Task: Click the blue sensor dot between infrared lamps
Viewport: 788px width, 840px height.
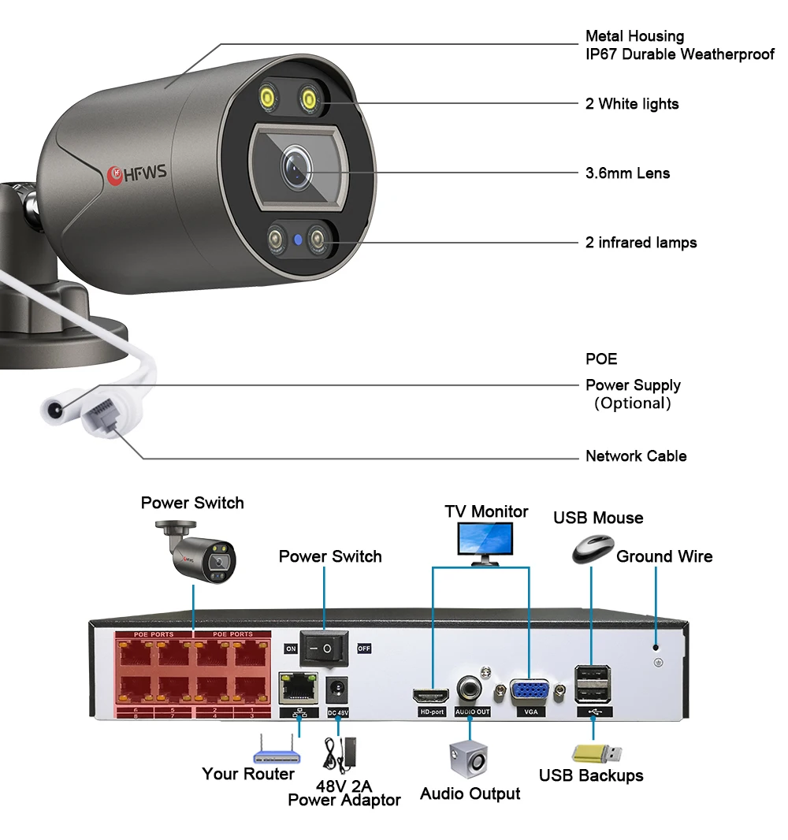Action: click(x=298, y=239)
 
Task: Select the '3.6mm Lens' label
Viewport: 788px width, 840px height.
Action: click(x=627, y=173)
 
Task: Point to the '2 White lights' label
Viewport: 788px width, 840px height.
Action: click(x=631, y=103)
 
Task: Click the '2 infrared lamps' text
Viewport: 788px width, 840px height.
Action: click(x=641, y=242)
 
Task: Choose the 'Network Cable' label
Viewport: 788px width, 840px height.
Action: click(x=635, y=455)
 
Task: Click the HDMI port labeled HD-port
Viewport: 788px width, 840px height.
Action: click(x=431, y=695)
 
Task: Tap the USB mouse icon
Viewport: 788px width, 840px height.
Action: click(x=593, y=547)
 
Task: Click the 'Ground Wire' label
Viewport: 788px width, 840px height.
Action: click(x=663, y=556)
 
